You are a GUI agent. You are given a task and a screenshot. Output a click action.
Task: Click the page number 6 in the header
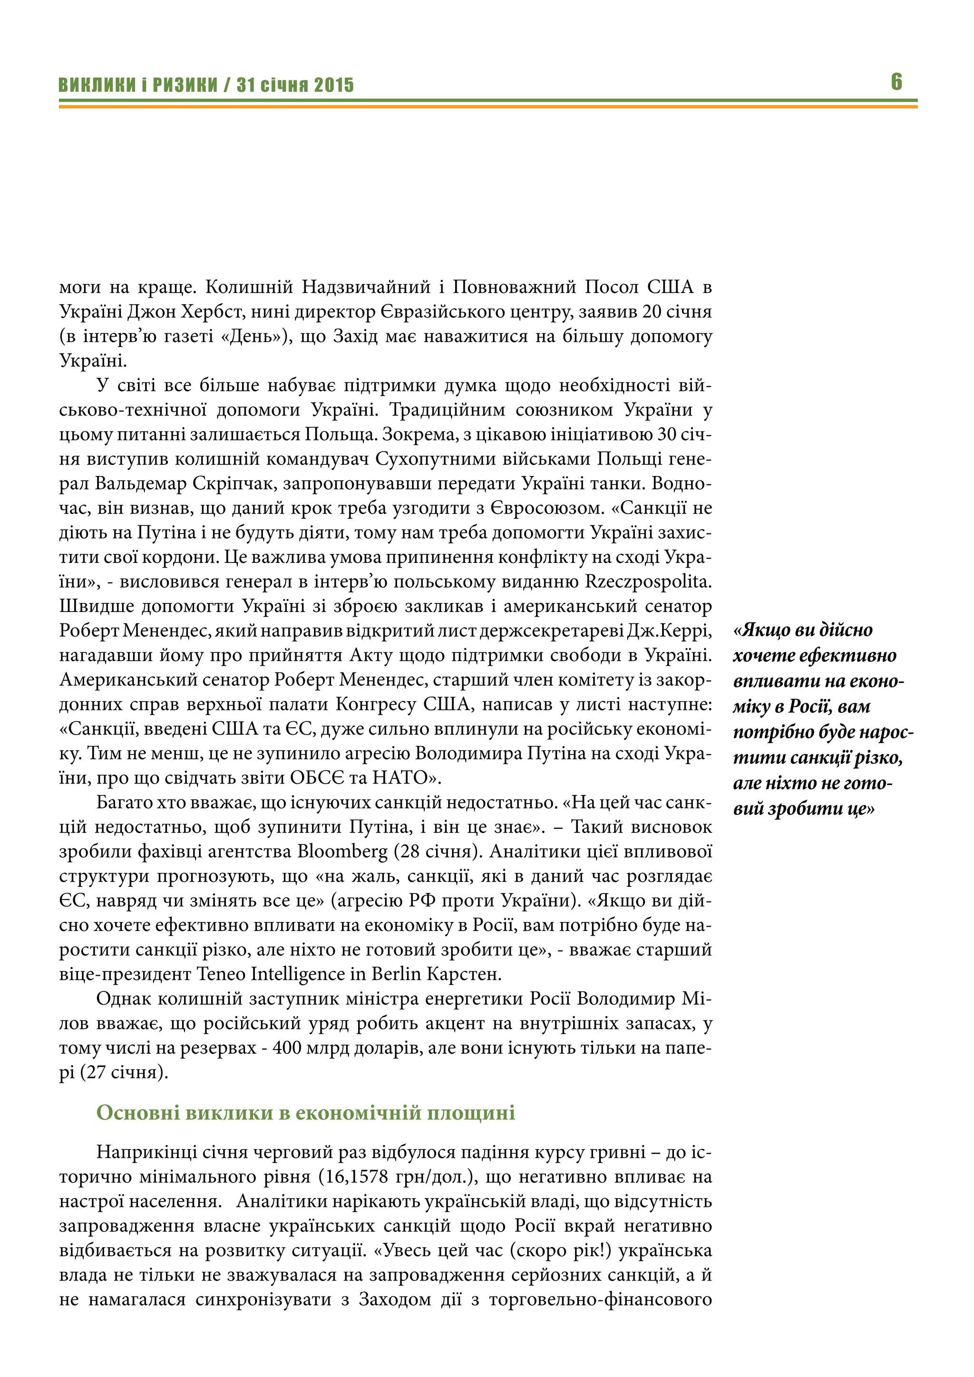896,82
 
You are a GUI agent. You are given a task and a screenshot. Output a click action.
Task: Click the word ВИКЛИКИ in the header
97,85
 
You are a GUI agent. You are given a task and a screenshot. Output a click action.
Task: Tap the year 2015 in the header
334,85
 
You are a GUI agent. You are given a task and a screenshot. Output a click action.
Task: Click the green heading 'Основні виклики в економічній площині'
305,1113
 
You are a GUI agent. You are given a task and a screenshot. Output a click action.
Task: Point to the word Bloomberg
342,852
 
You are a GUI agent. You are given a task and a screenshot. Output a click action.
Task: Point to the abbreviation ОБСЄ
317,778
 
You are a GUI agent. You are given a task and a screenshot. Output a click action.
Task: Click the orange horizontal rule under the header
487,107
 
